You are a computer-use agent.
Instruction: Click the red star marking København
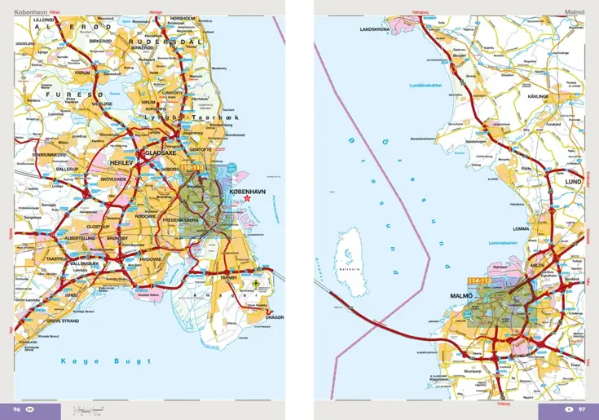click(x=249, y=198)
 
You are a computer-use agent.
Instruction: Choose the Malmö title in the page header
click(x=575, y=11)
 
